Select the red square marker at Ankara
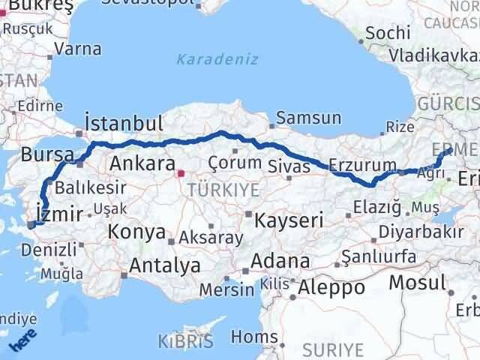point(180,174)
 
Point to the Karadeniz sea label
point(217,58)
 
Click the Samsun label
point(308,118)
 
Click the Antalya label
point(165,265)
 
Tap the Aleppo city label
point(331,286)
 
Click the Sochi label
point(388,32)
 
